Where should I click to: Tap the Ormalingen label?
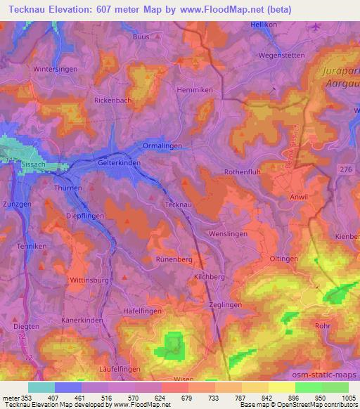162,145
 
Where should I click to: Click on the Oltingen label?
284,259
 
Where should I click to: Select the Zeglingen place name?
226,305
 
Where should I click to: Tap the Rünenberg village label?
174,259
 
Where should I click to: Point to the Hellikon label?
264,25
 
